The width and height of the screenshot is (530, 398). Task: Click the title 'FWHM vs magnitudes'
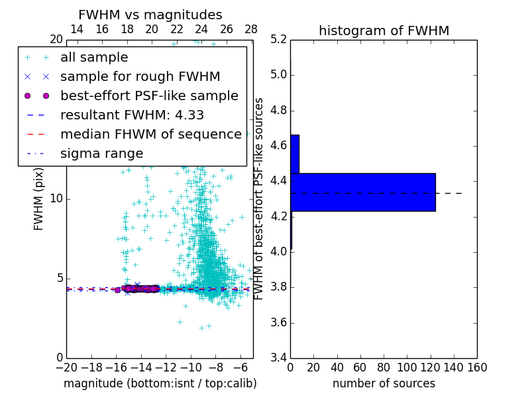click(x=150, y=15)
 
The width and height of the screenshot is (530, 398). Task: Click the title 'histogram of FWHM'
click(x=384, y=31)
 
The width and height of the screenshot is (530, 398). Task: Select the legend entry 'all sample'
click(x=94, y=58)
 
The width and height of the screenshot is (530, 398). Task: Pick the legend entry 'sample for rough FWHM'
click(x=140, y=76)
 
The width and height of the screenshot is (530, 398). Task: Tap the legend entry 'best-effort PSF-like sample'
click(x=149, y=96)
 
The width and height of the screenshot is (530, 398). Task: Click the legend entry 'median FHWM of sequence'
click(x=151, y=134)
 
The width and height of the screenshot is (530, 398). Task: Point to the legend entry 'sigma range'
click(x=101, y=153)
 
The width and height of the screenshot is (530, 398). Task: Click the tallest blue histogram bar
click(x=362, y=192)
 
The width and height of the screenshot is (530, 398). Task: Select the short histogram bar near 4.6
click(x=295, y=154)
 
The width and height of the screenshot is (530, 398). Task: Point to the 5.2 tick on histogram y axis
click(x=278, y=39)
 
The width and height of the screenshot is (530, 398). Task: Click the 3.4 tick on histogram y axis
click(x=278, y=358)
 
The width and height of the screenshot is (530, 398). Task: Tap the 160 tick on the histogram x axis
click(x=476, y=367)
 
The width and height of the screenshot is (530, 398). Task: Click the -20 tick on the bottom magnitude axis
click(x=66, y=367)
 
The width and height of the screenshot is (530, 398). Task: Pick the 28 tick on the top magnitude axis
click(x=251, y=30)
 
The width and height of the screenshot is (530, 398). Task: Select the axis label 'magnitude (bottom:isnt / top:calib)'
click(x=160, y=383)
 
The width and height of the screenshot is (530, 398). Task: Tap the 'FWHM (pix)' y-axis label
click(x=39, y=199)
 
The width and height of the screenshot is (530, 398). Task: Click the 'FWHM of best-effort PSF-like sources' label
click(x=260, y=199)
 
